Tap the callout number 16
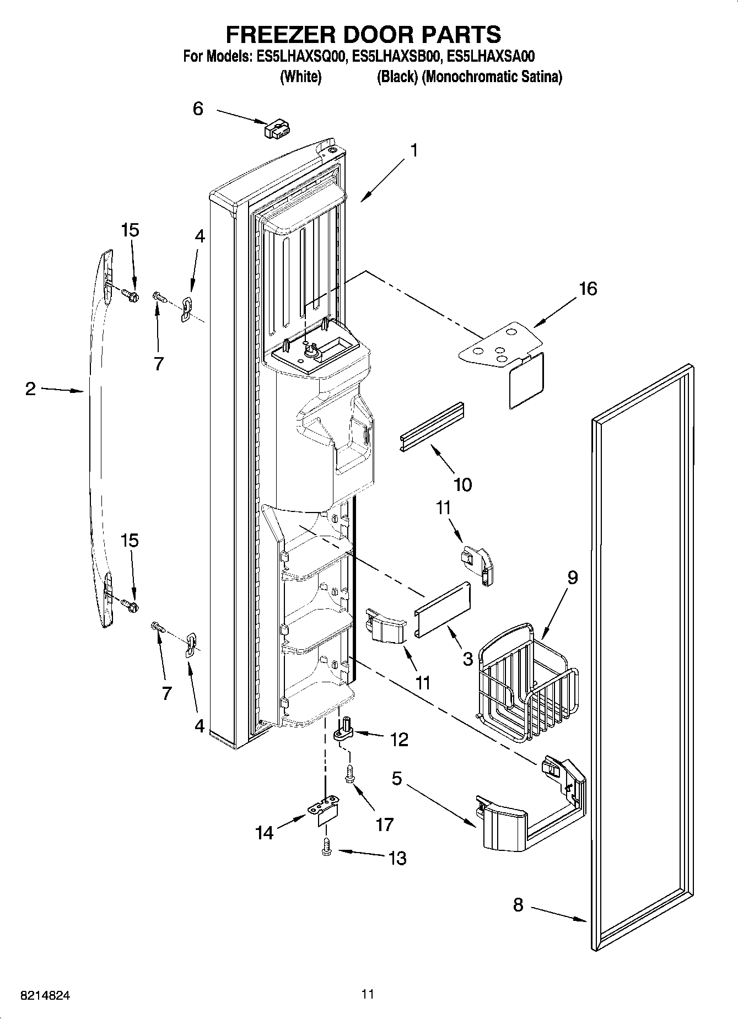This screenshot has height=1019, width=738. pos(588,288)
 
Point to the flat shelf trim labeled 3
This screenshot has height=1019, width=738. pos(443,608)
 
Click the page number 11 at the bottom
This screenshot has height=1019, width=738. pos(368,994)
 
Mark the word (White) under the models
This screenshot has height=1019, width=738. pos(300,77)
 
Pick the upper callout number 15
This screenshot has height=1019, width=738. pos(130,230)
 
